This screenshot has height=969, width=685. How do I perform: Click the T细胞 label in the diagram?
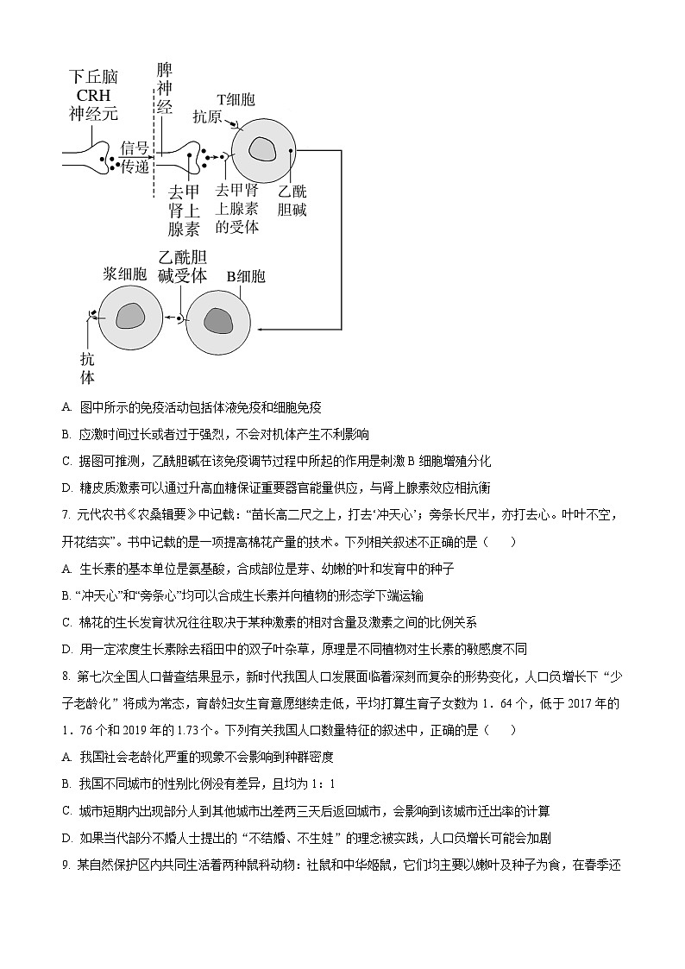(235, 100)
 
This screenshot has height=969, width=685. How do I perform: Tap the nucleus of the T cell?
(262, 149)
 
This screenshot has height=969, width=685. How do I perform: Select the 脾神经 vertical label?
(164, 89)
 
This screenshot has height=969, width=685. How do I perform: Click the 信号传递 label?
(135, 157)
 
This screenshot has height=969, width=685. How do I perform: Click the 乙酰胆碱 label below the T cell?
(292, 200)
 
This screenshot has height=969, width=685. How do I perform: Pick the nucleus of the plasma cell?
(131, 317)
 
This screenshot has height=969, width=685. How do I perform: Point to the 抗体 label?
(87, 368)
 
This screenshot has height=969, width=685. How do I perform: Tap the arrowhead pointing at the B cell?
(261, 328)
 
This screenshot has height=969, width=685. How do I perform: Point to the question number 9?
(66, 865)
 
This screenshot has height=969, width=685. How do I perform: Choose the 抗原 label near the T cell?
(207, 116)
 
